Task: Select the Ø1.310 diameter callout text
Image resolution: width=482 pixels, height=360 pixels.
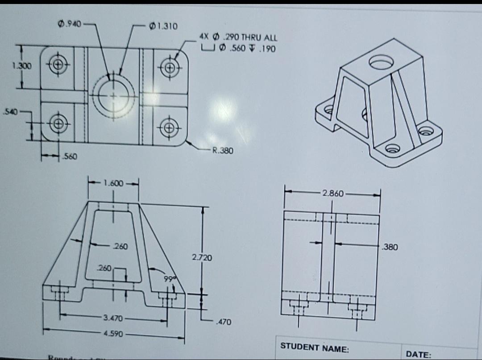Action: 164,26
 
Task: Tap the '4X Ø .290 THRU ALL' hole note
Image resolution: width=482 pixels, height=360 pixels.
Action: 237,38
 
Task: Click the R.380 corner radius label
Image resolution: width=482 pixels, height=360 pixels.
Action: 222,151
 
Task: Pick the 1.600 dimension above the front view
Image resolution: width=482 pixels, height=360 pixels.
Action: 113,183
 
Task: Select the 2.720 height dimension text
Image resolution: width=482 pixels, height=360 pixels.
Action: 202,257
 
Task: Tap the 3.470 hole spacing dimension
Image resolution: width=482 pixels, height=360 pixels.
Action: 113,318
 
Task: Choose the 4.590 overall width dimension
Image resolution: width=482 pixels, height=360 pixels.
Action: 113,333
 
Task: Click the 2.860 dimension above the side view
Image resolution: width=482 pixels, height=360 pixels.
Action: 333,194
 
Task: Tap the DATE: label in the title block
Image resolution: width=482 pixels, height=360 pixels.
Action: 418,355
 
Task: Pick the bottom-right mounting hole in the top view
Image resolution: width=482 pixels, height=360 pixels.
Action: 170,127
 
